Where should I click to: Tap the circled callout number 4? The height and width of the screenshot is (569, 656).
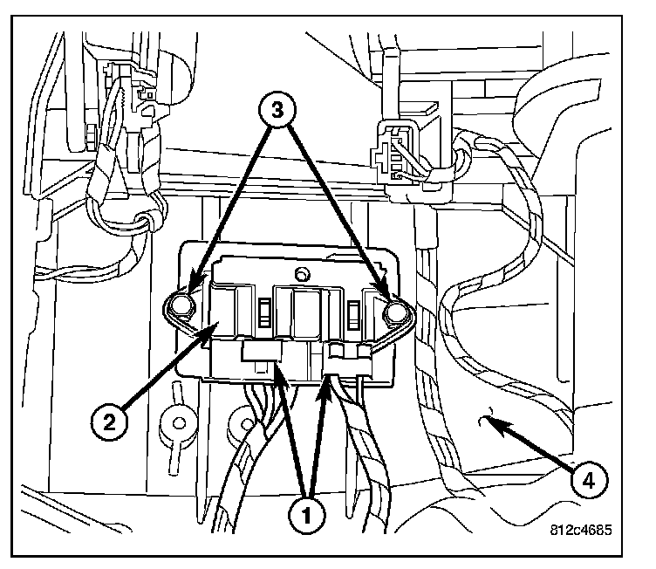coord(591,478)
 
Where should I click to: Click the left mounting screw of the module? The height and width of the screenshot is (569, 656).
coord(181,305)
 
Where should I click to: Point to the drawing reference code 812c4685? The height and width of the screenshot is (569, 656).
coord(581,528)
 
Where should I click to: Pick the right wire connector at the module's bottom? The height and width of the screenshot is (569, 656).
coord(348,356)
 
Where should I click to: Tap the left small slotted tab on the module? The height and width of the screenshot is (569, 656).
coord(261,311)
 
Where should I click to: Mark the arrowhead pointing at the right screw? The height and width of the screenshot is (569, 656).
coord(385,288)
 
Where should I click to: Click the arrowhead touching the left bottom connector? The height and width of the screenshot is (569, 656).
coord(277,371)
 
